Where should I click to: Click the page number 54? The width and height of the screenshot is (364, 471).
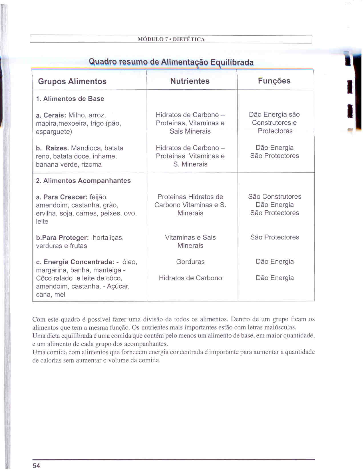(x=36, y=466)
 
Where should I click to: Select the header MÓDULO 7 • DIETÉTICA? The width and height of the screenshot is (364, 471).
(x=171, y=39)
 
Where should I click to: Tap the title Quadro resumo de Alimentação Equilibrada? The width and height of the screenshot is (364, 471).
(x=171, y=62)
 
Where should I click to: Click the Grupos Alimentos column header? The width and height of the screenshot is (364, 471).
(x=72, y=81)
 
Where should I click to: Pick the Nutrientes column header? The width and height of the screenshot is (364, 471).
(x=190, y=81)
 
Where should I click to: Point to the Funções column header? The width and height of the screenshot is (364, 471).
(x=274, y=81)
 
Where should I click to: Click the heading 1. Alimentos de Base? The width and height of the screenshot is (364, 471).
(x=70, y=99)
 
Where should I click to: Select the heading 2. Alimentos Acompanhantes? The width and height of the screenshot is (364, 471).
(x=83, y=181)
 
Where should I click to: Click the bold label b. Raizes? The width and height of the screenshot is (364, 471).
(x=53, y=148)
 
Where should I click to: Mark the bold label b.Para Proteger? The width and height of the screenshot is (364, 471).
(x=62, y=238)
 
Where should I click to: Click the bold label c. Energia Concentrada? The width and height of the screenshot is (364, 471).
(x=75, y=262)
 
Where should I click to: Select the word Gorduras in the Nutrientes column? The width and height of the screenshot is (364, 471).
(x=190, y=262)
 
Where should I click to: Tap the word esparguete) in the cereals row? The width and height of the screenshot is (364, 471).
(x=54, y=132)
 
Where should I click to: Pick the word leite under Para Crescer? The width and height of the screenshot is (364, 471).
(x=42, y=222)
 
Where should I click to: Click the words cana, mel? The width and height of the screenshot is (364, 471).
(x=51, y=295)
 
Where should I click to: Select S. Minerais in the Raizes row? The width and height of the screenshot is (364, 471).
(x=190, y=164)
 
